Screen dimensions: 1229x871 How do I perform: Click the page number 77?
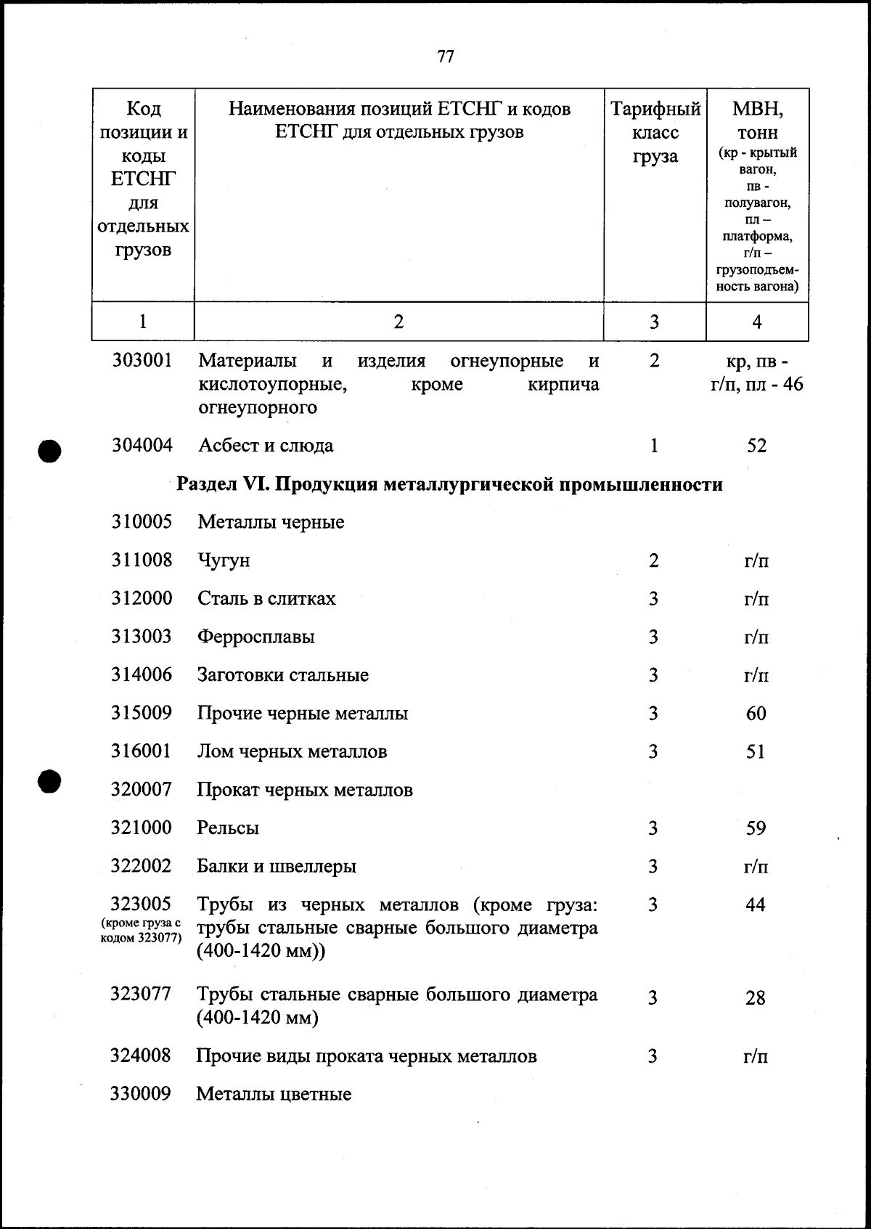(x=446, y=56)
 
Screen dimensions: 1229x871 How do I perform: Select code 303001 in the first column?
(x=142, y=360)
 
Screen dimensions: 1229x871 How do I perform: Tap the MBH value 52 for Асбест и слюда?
(x=756, y=446)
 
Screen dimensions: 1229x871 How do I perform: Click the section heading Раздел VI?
(x=450, y=484)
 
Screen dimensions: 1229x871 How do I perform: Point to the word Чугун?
(x=224, y=560)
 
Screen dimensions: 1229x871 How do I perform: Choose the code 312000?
(x=142, y=598)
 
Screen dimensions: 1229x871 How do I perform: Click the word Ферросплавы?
(x=256, y=637)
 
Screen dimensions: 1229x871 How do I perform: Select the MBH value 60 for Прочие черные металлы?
(x=756, y=714)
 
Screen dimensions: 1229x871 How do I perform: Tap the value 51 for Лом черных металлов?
(x=756, y=751)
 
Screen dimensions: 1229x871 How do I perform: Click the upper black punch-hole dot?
(x=49, y=450)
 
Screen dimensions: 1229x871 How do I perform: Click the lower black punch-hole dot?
(x=49, y=781)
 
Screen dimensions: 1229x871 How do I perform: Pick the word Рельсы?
(x=228, y=828)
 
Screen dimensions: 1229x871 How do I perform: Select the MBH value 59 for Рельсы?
(x=756, y=828)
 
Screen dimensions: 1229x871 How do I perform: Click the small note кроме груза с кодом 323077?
(x=141, y=930)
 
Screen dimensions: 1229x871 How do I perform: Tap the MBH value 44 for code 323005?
(x=756, y=905)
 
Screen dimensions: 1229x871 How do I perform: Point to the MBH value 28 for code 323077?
(x=755, y=998)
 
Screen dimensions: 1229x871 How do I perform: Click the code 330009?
(x=141, y=1093)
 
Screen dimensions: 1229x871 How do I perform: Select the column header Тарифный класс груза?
(x=655, y=133)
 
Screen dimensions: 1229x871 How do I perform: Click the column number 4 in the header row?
(x=757, y=322)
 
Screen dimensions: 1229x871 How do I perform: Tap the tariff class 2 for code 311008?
(x=654, y=560)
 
